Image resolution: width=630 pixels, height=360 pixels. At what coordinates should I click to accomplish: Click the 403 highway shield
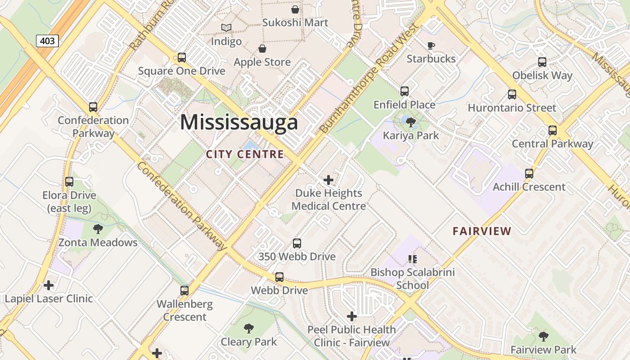coord(47,41)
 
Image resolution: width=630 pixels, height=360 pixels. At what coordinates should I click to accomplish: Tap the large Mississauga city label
coord(239,122)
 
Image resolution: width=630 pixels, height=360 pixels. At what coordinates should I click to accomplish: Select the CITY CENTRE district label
coord(245,154)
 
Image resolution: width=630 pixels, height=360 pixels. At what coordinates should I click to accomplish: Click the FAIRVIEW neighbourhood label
coord(482,231)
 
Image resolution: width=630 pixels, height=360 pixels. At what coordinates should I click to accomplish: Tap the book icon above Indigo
coord(226,28)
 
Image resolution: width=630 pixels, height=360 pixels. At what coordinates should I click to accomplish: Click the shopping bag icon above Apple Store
coord(262,49)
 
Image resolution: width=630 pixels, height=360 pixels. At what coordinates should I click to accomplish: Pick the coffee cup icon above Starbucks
coord(431,45)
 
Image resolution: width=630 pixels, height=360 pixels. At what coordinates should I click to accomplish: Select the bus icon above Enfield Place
coord(405,91)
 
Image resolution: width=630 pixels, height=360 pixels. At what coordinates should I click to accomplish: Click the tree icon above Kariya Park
coord(410,122)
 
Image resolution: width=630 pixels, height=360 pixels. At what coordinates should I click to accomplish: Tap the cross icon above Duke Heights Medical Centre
coord(328,180)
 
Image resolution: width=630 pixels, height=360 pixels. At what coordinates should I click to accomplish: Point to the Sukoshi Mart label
coord(295,22)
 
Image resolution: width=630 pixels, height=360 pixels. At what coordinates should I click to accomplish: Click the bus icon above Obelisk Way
coord(542,62)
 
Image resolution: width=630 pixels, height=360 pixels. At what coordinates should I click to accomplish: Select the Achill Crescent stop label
coord(529,187)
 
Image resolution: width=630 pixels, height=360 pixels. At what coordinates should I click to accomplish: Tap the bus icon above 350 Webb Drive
coord(297,243)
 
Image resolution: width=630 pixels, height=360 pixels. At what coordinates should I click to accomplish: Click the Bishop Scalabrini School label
coord(413,279)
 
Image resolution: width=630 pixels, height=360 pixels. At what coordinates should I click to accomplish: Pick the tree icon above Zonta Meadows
coord(98,229)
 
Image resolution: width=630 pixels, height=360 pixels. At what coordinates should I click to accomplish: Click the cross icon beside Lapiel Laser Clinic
coord(49,285)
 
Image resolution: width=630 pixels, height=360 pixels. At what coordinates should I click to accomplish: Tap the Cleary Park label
coord(249,342)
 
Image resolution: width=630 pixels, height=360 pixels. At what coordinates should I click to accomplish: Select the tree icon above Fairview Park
coord(544,336)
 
